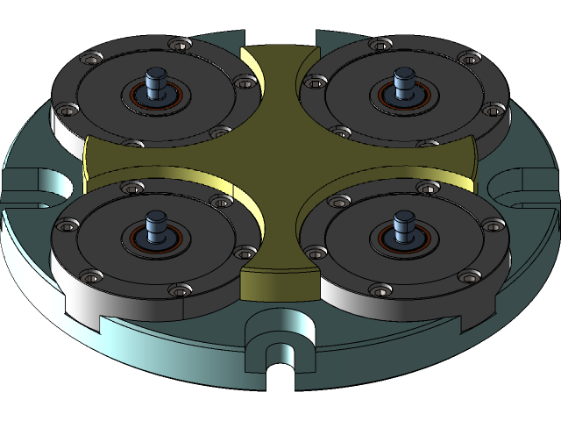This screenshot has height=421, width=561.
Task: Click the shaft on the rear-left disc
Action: pos(156,82)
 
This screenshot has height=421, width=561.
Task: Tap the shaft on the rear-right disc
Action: pos(404,82)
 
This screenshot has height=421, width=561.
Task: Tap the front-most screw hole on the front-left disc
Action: pos(181,289)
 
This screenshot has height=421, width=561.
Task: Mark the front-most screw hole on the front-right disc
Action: pos(378,289)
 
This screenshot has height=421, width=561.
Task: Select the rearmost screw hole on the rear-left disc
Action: pos(179,43)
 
